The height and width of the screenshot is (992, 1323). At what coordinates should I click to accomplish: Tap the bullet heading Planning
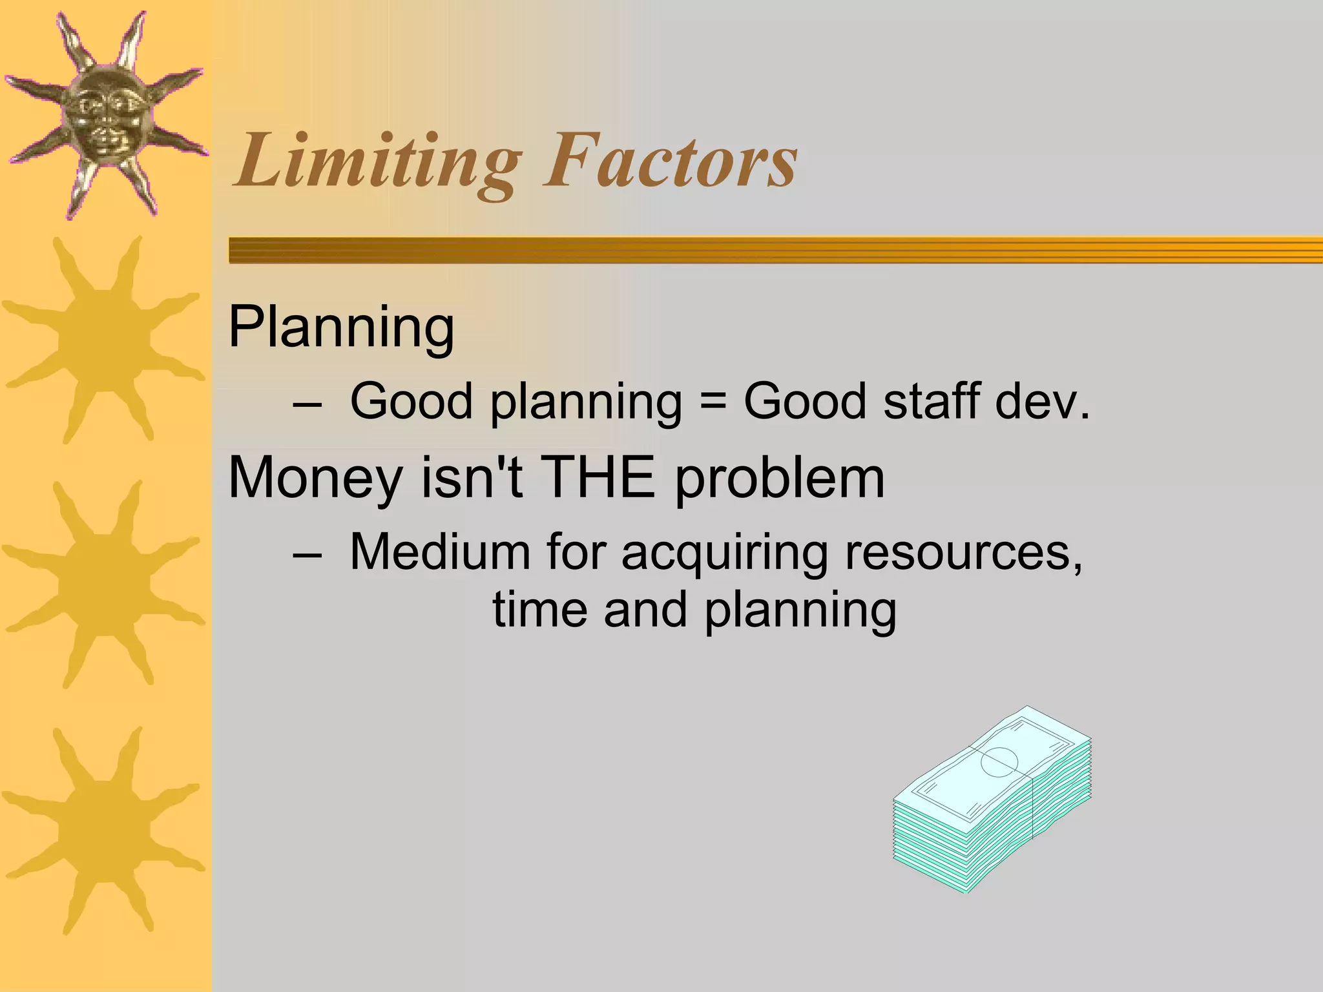[x=341, y=328]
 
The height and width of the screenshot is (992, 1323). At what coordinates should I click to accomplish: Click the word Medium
[x=439, y=552]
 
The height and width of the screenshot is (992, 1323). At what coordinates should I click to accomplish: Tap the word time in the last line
[x=540, y=610]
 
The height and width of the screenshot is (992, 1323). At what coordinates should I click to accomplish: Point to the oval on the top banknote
[x=999, y=761]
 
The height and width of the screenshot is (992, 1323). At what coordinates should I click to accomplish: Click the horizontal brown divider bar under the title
[x=775, y=250]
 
